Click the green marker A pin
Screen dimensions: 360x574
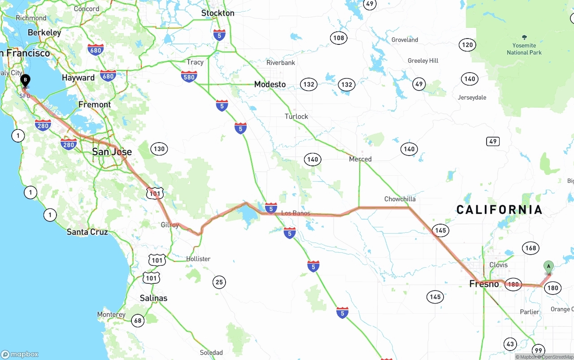click(548, 266)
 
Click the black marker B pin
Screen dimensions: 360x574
click(26, 81)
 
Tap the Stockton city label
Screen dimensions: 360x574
click(217, 13)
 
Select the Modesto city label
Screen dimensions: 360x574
click(270, 84)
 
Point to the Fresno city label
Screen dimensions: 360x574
click(484, 284)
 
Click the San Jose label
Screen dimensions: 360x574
click(112, 152)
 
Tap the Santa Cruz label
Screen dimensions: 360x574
click(87, 232)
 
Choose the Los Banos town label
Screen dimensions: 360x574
click(296, 213)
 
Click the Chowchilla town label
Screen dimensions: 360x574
click(400, 199)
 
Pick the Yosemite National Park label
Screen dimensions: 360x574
click(524, 48)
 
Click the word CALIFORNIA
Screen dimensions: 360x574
click(499, 209)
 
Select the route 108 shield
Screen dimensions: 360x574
click(339, 38)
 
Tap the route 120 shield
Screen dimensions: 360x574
click(467, 45)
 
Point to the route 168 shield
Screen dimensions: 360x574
click(531, 248)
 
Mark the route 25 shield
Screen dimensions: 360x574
click(219, 282)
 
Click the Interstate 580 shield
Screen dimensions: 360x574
click(189, 78)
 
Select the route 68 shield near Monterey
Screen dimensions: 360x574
click(138, 320)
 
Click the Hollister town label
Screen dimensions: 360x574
click(198, 259)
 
